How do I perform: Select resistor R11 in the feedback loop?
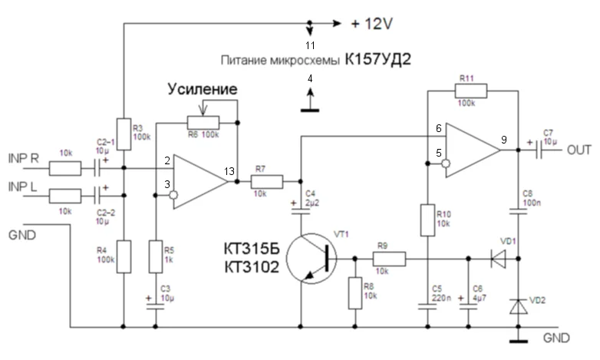(x=470, y=92)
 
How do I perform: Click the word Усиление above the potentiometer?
(x=203, y=90)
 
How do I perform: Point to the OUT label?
(x=579, y=150)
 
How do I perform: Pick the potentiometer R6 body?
(x=203, y=122)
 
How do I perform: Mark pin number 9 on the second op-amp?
(x=503, y=140)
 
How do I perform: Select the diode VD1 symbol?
(x=497, y=259)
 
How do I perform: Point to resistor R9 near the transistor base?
(x=390, y=259)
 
